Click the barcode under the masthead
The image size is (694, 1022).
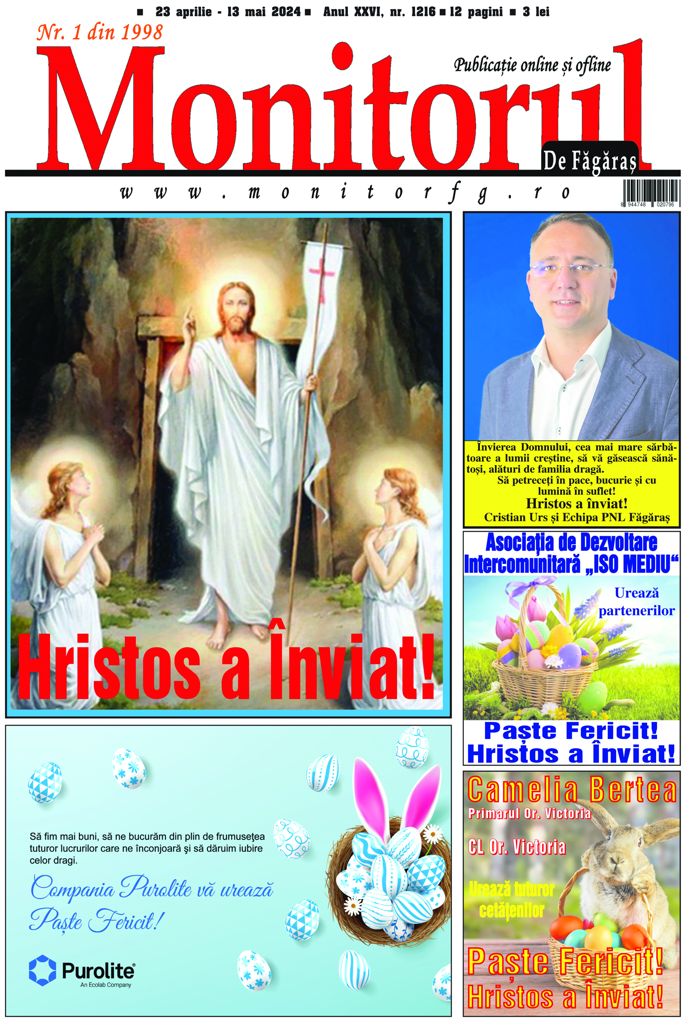coord(651,192)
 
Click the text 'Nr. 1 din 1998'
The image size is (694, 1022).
coord(100,33)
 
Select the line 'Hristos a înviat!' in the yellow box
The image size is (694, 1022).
coord(576,504)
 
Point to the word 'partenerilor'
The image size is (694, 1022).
coord(636,611)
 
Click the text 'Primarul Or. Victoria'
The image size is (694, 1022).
coord(530,813)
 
